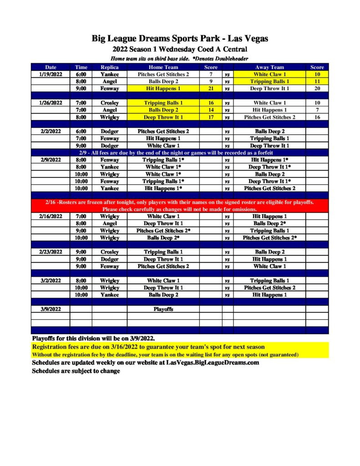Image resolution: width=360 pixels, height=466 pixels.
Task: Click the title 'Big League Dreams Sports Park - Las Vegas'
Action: (x=180, y=39)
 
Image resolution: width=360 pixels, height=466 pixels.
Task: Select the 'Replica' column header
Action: (x=109, y=67)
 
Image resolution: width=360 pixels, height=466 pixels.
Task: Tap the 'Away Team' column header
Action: (x=269, y=67)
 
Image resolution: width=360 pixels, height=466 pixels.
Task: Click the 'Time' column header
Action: (x=81, y=67)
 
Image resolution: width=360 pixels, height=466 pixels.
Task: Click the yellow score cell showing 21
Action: (x=211, y=88)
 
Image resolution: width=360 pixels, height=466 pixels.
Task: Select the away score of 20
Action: (x=317, y=88)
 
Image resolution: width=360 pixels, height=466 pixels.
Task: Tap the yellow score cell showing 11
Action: (x=317, y=81)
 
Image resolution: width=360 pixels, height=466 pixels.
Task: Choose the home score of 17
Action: (x=211, y=117)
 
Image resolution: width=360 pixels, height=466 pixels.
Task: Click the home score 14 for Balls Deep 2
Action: (x=211, y=110)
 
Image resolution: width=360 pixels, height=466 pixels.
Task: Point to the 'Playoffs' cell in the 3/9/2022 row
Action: (x=163, y=309)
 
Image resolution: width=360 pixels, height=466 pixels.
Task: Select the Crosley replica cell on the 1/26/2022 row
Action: (x=109, y=103)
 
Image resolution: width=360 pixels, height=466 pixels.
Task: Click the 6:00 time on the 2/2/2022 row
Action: (x=81, y=131)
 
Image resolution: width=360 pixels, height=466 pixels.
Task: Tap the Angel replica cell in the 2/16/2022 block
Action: (x=109, y=223)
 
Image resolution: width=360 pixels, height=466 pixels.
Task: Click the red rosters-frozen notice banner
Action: (x=180, y=205)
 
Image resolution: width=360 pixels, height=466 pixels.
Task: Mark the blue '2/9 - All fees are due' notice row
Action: (x=180, y=153)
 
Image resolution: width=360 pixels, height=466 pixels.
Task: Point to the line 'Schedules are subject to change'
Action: (x=76, y=371)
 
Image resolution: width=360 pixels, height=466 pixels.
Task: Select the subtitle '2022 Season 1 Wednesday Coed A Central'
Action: (x=180, y=49)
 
